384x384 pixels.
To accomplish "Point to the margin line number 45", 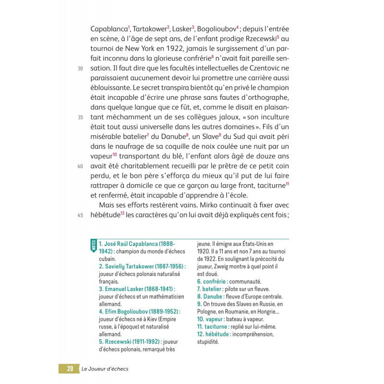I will tap(80, 215).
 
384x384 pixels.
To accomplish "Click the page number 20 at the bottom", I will tap(70, 369).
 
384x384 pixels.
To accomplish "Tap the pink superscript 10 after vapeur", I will tap(115, 155).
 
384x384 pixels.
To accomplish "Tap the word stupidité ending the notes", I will tap(208, 342).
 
